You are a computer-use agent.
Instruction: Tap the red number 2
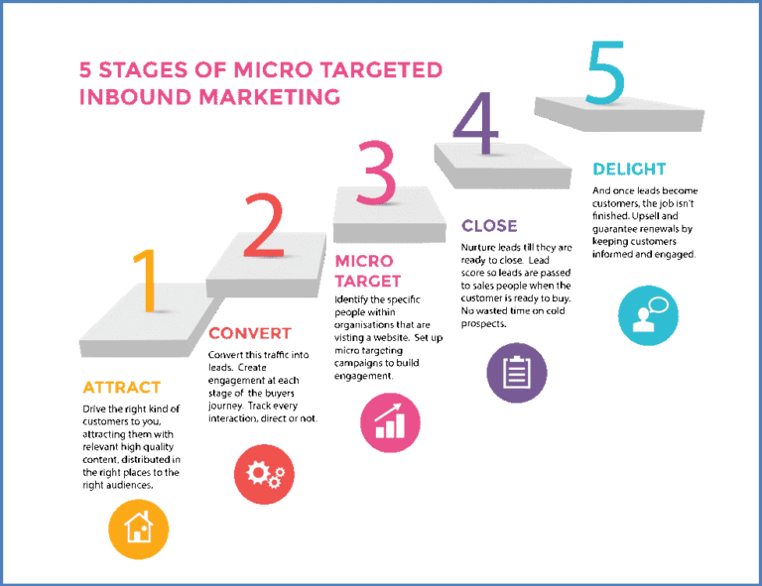264,225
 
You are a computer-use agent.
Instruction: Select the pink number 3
377,173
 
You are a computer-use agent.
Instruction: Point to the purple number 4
476,123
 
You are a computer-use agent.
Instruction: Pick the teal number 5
606,72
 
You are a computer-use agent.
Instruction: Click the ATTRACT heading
121,388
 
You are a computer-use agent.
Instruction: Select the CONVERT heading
250,333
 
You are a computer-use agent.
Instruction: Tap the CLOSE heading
489,226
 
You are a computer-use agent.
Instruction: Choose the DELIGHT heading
629,169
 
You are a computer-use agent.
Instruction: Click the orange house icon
139,528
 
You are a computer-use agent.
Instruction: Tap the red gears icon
264,474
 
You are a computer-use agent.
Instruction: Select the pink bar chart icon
390,422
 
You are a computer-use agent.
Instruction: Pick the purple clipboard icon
517,373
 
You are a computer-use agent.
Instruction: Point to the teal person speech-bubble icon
648,315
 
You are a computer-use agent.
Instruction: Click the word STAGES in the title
143,70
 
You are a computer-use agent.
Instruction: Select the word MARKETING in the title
269,96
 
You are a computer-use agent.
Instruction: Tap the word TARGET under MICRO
368,282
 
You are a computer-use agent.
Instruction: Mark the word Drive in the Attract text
94,410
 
